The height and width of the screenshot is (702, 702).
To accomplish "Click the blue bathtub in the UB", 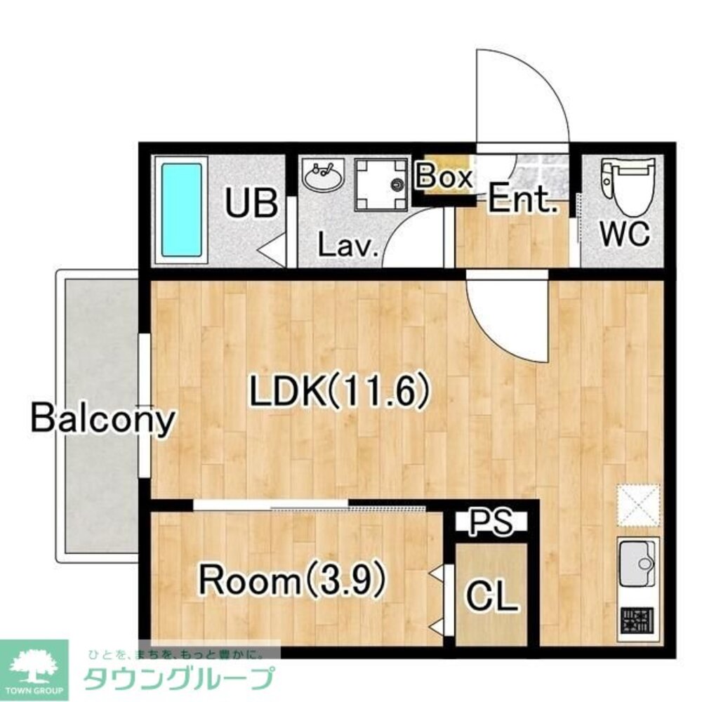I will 183,209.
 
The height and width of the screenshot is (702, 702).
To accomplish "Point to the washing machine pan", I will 381,184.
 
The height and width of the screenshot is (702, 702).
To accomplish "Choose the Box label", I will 444,177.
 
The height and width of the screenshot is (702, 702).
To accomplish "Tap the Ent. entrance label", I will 522,201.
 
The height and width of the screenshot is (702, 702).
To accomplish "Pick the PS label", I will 490,522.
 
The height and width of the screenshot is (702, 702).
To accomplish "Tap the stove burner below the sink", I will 637,622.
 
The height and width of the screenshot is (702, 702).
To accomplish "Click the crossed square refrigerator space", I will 639,505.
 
